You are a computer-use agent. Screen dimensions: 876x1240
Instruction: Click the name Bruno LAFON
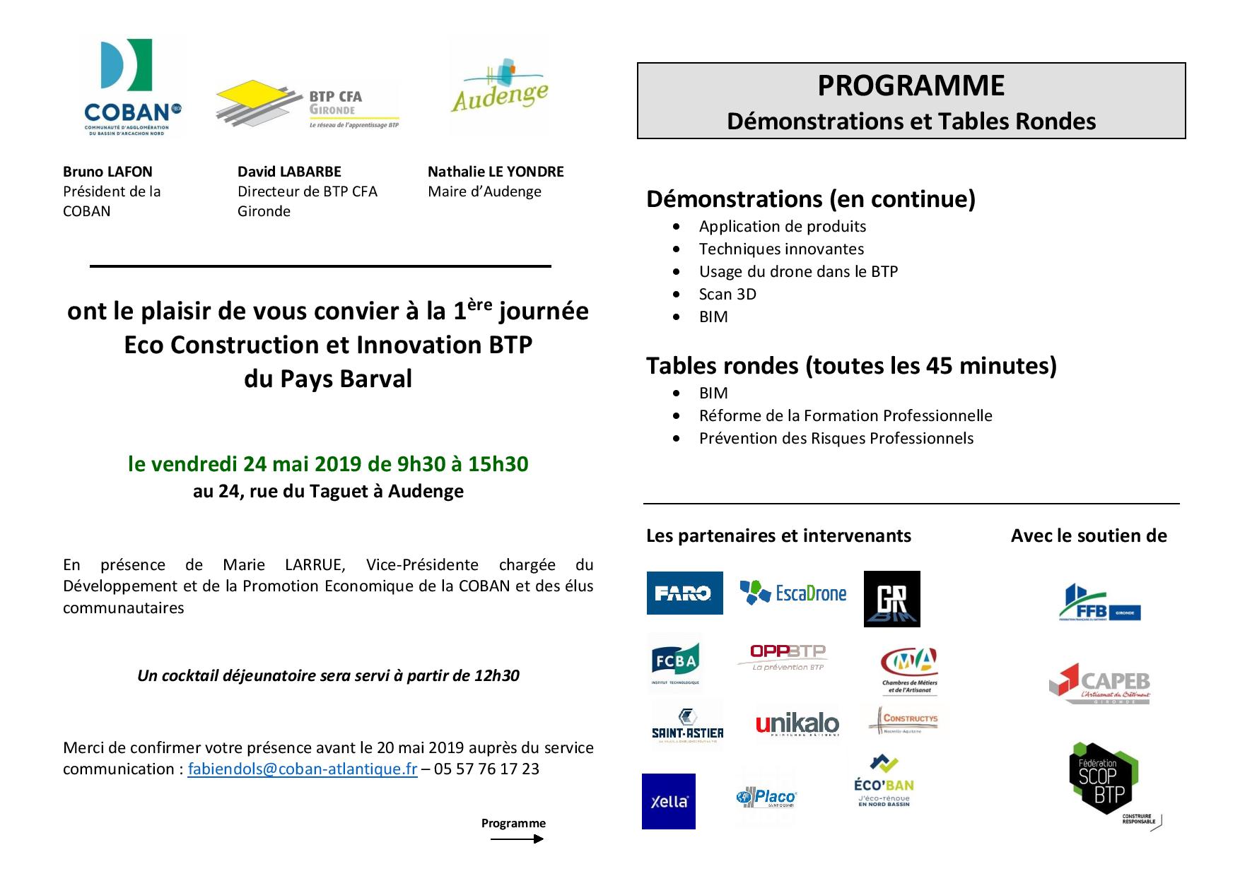(x=107, y=172)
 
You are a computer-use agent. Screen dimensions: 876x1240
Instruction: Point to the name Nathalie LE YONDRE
(x=496, y=172)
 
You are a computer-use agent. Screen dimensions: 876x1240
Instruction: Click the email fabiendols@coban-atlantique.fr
(x=303, y=769)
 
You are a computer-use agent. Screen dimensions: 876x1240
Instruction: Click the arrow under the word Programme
(x=517, y=839)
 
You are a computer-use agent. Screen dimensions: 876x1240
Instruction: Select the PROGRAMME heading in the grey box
(x=911, y=85)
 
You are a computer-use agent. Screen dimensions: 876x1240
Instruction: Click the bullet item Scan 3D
(x=727, y=294)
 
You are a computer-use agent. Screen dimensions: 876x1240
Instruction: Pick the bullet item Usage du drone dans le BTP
(x=798, y=271)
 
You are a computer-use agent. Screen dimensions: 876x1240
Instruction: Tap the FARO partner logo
(x=684, y=593)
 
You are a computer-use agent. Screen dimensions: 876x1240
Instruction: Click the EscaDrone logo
(x=792, y=592)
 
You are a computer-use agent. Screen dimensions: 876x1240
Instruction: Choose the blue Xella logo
(x=668, y=801)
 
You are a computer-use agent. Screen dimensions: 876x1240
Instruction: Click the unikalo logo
(x=797, y=723)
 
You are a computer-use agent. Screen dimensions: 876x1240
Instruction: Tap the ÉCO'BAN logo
(x=884, y=780)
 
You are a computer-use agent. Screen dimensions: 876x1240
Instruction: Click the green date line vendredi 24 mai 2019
(x=328, y=463)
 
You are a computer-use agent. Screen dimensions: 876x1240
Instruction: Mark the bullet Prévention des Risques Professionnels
(x=836, y=438)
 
